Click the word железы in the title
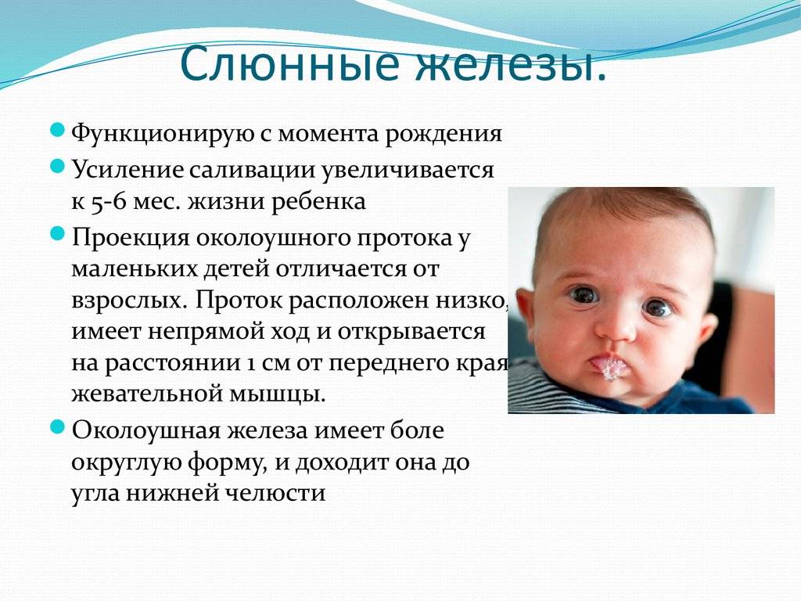pos(511,64)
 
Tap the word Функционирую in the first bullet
pos(163,134)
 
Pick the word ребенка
pos(318,201)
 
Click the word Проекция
pos(131,239)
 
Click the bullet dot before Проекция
pos(57,234)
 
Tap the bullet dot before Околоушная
pos(57,426)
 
